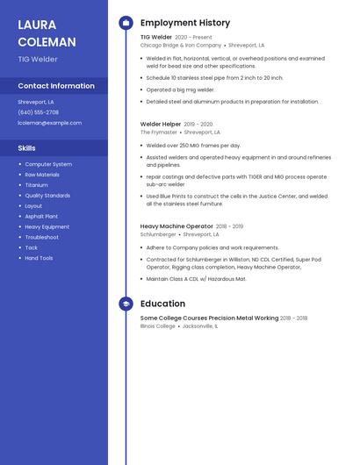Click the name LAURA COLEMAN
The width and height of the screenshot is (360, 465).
coord(47,32)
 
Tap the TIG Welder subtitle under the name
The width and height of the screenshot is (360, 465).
coord(38,59)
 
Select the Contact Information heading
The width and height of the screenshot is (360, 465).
coord(56,86)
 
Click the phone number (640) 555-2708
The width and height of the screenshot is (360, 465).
coord(38,112)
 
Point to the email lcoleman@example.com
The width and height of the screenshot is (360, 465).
coord(49,123)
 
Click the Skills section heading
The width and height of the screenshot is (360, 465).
coord(27,148)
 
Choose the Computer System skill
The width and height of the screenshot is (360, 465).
coord(48,164)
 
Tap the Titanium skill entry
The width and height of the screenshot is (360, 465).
coord(37,185)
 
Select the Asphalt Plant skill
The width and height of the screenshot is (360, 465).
coord(41,216)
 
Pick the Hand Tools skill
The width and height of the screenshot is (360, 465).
coord(39,258)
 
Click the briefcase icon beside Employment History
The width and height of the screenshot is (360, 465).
coord(126,23)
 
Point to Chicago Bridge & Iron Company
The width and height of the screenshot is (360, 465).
coord(181,45)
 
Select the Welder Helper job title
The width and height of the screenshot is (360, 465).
coord(161,125)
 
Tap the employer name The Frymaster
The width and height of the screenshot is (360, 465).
coord(159,132)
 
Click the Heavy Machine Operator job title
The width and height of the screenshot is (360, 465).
coord(176,226)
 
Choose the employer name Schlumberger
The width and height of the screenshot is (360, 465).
coord(158,234)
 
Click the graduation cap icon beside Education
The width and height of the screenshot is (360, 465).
coord(126,304)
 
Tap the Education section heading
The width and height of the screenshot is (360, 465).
coord(162,304)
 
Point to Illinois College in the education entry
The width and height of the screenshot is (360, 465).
coord(158,325)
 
